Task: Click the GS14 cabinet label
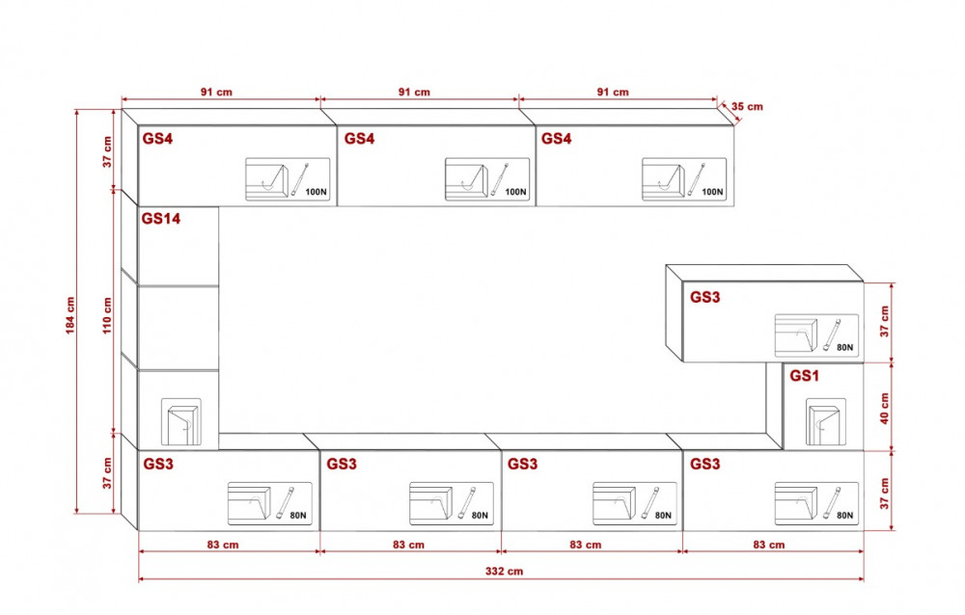161,219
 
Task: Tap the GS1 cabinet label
804,376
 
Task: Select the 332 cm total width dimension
503,571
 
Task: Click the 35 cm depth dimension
748,106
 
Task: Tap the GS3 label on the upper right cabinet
704,297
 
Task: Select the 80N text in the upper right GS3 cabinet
844,347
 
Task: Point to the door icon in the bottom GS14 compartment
182,421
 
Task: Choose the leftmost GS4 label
157,139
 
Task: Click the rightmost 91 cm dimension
613,92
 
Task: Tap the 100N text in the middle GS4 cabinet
515,192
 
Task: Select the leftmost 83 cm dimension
223,545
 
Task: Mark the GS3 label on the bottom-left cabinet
158,464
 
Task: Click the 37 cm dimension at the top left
108,151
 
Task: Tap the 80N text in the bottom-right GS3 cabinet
844,516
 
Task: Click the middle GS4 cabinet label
359,139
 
